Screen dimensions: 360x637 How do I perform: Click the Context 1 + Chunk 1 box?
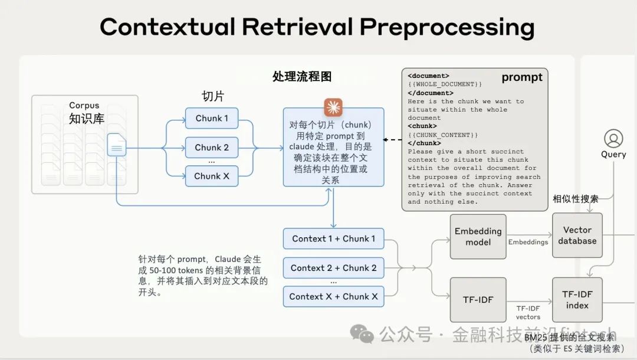pyautogui.click(x=333, y=239)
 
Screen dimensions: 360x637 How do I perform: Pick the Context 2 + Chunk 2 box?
pyautogui.click(x=333, y=268)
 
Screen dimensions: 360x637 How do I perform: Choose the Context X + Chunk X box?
pyautogui.click(x=333, y=297)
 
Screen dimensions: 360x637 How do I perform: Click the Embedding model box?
pyautogui.click(x=478, y=237)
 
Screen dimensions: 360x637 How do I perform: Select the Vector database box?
pyautogui.click(x=577, y=235)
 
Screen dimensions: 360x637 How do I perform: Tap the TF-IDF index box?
pyautogui.click(x=577, y=300)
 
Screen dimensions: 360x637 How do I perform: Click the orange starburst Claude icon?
pyautogui.click(x=333, y=107)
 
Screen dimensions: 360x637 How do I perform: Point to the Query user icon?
pyautogui.click(x=613, y=139)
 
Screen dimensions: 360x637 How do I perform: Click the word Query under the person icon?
pyautogui.click(x=613, y=155)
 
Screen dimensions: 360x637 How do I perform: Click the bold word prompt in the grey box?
pyautogui.click(x=521, y=77)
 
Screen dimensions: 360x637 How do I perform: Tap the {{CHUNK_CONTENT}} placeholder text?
pyautogui.click(x=443, y=135)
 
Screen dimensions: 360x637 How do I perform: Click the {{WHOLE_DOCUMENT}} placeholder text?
pyautogui.click(x=445, y=84)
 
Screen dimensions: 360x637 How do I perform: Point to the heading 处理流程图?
pyautogui.click(x=301, y=76)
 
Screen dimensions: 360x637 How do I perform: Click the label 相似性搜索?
pyautogui.click(x=575, y=199)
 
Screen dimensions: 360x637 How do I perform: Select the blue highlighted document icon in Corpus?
pyautogui.click(x=116, y=145)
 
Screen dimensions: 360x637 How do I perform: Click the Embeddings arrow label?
pyautogui.click(x=528, y=242)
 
